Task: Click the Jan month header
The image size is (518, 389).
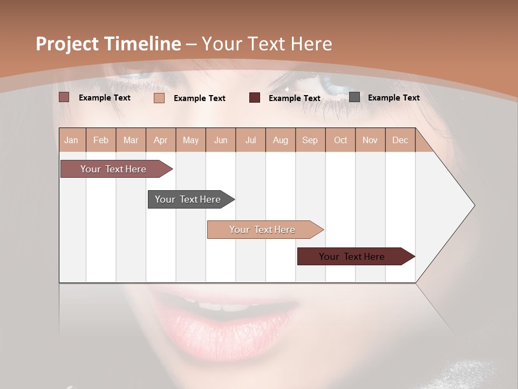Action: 71,140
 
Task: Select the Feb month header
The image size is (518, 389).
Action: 101,140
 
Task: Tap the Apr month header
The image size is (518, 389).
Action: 160,140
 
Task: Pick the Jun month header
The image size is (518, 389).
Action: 221,140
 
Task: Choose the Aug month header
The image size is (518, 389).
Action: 280,140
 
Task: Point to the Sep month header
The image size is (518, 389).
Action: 310,140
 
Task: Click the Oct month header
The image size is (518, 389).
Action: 340,140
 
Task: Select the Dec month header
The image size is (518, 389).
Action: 400,140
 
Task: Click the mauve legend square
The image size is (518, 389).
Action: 64,97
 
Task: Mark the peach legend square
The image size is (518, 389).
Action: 159,98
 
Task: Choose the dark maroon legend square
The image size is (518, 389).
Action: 255,98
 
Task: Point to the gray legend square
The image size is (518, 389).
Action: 355,97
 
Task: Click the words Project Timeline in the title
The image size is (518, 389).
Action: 108,44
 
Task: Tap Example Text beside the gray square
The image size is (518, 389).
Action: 393,98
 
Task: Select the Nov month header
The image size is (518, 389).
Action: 370,140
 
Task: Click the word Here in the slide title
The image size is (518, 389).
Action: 311,44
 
